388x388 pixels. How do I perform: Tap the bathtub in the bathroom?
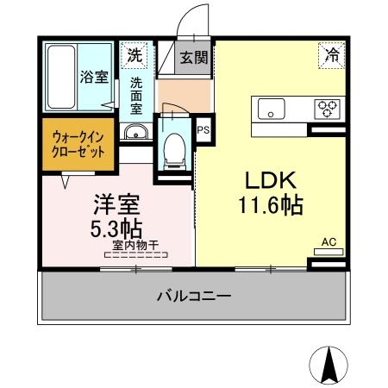[x=61, y=76]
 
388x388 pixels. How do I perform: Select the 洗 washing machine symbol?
[x=135, y=55]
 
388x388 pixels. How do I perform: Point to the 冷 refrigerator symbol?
[x=332, y=54]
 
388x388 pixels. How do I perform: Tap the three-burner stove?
[x=327, y=108]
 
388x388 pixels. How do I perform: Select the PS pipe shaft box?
[x=203, y=130]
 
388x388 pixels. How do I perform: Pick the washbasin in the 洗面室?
[x=135, y=132]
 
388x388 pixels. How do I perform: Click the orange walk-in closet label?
[x=78, y=143]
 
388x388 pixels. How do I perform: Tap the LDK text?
[x=272, y=180]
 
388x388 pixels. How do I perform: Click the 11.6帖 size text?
[x=272, y=206]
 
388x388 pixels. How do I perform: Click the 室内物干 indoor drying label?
[x=135, y=246]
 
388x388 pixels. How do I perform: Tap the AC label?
[x=329, y=242]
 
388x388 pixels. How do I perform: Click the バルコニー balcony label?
[x=193, y=297]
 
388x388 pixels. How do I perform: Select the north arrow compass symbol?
[x=328, y=362]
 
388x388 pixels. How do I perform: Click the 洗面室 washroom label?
[x=137, y=97]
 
